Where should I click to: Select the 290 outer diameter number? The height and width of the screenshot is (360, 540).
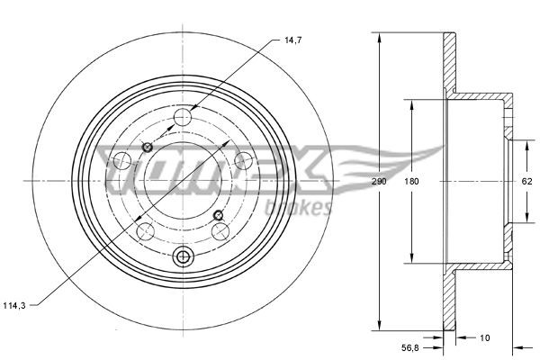point(381,181)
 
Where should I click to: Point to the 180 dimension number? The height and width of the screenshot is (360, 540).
point(412,181)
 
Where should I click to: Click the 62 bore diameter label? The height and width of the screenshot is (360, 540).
point(528,181)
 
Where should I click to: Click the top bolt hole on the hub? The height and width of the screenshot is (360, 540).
point(184,115)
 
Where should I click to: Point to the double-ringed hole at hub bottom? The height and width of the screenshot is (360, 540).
point(184,257)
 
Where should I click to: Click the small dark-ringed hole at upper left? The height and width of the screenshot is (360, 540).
point(148,147)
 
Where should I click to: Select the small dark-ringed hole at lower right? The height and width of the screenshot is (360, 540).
point(219,214)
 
